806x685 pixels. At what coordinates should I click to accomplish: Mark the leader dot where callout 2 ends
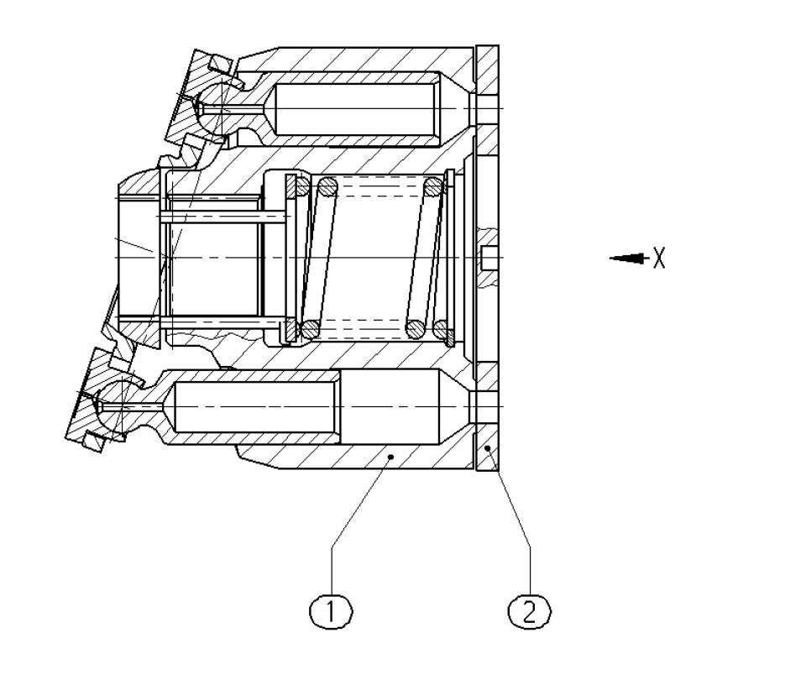click(x=489, y=450)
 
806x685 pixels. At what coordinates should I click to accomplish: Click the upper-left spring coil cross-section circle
click(x=327, y=186)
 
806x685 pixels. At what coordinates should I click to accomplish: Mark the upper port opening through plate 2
click(x=486, y=109)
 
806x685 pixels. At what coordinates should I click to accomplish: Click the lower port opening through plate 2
click(x=486, y=406)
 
